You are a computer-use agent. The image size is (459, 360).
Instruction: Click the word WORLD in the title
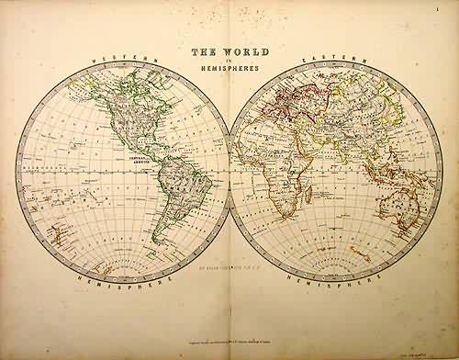pos(241,54)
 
